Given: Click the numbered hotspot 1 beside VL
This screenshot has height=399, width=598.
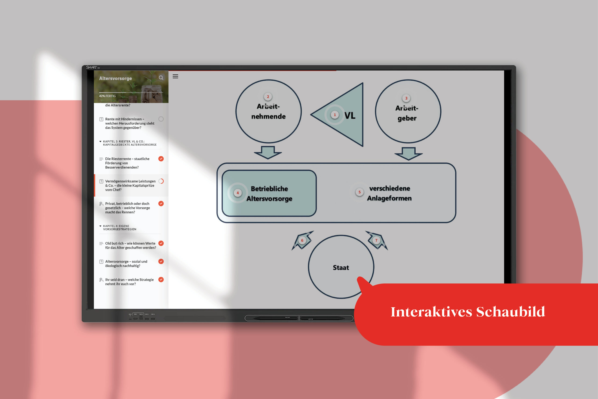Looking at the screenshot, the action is click(x=335, y=115).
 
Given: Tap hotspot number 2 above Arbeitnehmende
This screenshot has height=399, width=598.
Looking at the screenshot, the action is click(x=268, y=97).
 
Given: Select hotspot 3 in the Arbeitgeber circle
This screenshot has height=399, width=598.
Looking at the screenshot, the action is click(x=406, y=98).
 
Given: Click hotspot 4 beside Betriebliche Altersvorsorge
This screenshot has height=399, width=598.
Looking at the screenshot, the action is click(x=238, y=193).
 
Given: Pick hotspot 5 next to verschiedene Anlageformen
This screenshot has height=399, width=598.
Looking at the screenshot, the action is click(x=359, y=192).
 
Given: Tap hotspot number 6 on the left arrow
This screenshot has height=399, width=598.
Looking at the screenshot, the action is click(x=302, y=241).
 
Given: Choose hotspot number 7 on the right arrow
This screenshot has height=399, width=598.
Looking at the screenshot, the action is click(x=376, y=241).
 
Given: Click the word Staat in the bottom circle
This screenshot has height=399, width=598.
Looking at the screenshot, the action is click(x=341, y=268).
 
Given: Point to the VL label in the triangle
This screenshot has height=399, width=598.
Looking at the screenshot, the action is click(x=350, y=115).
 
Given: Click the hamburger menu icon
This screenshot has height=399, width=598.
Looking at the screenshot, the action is click(x=175, y=76).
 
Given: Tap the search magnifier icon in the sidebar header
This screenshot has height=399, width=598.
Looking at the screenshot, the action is click(x=161, y=78).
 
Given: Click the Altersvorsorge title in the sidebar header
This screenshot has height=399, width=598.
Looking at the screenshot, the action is click(x=115, y=78).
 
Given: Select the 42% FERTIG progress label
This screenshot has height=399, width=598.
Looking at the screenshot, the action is click(x=107, y=96).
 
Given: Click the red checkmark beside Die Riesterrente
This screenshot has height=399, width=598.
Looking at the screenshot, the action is click(x=161, y=159).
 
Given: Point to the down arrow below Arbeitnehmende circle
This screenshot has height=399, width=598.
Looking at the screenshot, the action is click(x=268, y=152).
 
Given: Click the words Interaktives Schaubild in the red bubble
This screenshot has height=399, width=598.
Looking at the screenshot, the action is click(x=468, y=312).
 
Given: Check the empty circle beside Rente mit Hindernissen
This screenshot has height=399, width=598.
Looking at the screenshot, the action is click(x=161, y=119).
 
